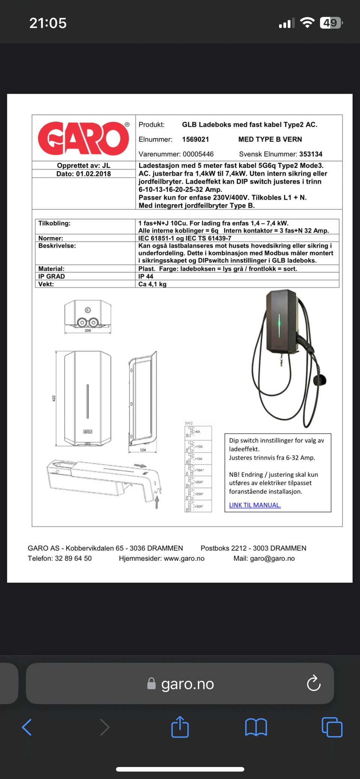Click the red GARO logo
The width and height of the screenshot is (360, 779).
pos(84,138)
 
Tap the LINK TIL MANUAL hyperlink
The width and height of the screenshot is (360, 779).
pos(255,505)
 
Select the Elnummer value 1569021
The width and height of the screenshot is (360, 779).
pos(195,139)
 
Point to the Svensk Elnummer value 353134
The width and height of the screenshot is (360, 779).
pos(310,154)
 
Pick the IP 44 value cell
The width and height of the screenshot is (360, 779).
pos(146,276)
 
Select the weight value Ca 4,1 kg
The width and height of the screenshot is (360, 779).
pos(152,284)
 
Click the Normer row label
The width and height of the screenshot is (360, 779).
pos(51,238)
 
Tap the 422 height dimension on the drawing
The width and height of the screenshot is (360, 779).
pos(54,398)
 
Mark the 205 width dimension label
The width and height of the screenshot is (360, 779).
pos(88,331)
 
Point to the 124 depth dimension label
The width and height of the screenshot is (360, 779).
pos(143,450)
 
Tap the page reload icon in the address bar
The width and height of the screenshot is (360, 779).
pos(313,683)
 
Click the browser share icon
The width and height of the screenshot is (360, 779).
pos(180,727)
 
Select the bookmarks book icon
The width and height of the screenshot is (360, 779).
pos(256,727)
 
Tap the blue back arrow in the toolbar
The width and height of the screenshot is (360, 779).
pos(27,727)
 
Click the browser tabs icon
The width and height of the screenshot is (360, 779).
pos(332,727)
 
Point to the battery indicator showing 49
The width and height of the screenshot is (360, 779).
pos(330,23)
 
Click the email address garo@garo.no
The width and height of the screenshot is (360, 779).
pos(272,559)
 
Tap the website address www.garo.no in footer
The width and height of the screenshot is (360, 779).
pos(184,559)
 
